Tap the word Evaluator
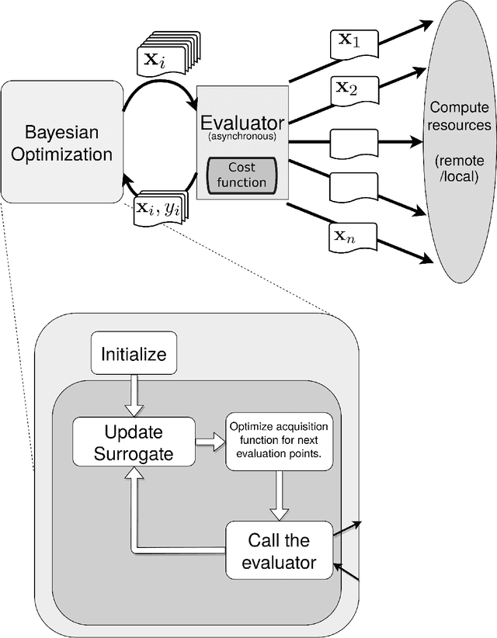point(242,123)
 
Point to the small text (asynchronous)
point(242,138)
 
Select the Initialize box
point(134,354)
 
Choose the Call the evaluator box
point(279,550)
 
